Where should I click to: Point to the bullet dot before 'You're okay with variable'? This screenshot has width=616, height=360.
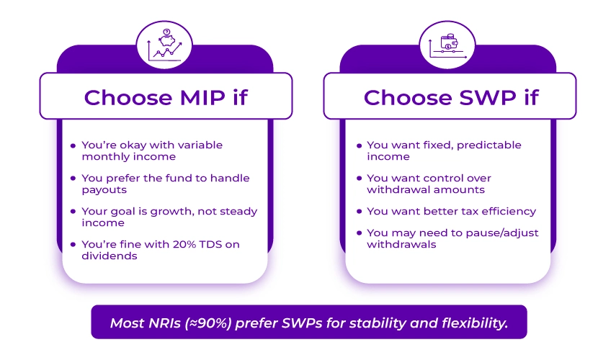[x=73, y=145]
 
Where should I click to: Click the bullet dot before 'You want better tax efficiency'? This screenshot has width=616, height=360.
[x=359, y=212]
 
